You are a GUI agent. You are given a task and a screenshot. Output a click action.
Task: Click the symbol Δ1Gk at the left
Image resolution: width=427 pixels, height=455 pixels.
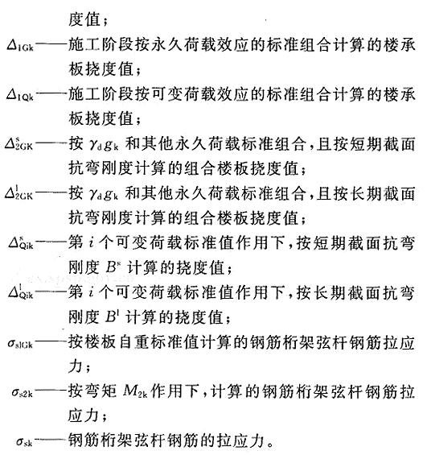[x=20, y=47]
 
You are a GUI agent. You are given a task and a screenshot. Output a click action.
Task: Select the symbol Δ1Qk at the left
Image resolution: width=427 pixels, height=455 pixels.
[x=20, y=95]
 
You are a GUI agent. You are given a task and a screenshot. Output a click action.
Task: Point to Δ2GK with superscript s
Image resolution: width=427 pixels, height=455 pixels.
[x=18, y=143]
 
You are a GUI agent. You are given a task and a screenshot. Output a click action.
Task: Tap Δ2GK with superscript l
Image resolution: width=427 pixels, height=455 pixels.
[x=18, y=192]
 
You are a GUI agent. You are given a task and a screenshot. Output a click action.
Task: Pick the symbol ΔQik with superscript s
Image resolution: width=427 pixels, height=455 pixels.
[x=21, y=242]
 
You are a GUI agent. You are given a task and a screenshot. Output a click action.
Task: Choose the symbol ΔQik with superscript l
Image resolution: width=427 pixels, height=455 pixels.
[x=21, y=292]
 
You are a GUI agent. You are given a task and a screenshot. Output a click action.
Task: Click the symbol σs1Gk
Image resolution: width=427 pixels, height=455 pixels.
[x=20, y=344]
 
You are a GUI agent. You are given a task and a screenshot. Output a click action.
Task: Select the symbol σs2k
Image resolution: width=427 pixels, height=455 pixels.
[x=22, y=393]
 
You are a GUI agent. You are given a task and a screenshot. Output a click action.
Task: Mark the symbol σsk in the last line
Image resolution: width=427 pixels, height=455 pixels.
[x=24, y=441]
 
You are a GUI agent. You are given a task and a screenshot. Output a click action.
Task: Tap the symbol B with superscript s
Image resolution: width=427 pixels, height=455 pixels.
[x=113, y=267]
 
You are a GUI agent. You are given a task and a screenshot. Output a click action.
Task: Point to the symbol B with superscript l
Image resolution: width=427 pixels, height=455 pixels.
[x=111, y=316]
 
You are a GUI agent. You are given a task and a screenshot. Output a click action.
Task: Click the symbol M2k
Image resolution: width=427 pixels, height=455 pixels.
[x=135, y=391]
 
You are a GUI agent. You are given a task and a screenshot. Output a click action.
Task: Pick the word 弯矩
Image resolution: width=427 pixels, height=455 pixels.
[x=101, y=391]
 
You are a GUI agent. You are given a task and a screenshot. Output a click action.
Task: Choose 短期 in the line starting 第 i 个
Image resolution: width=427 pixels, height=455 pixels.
[x=330, y=242]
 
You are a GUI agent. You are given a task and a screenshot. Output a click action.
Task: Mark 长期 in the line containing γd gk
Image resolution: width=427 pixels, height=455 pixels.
[x=366, y=193]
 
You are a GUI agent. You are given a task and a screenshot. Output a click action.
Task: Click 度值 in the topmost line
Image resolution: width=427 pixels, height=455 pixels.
[x=84, y=19]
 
